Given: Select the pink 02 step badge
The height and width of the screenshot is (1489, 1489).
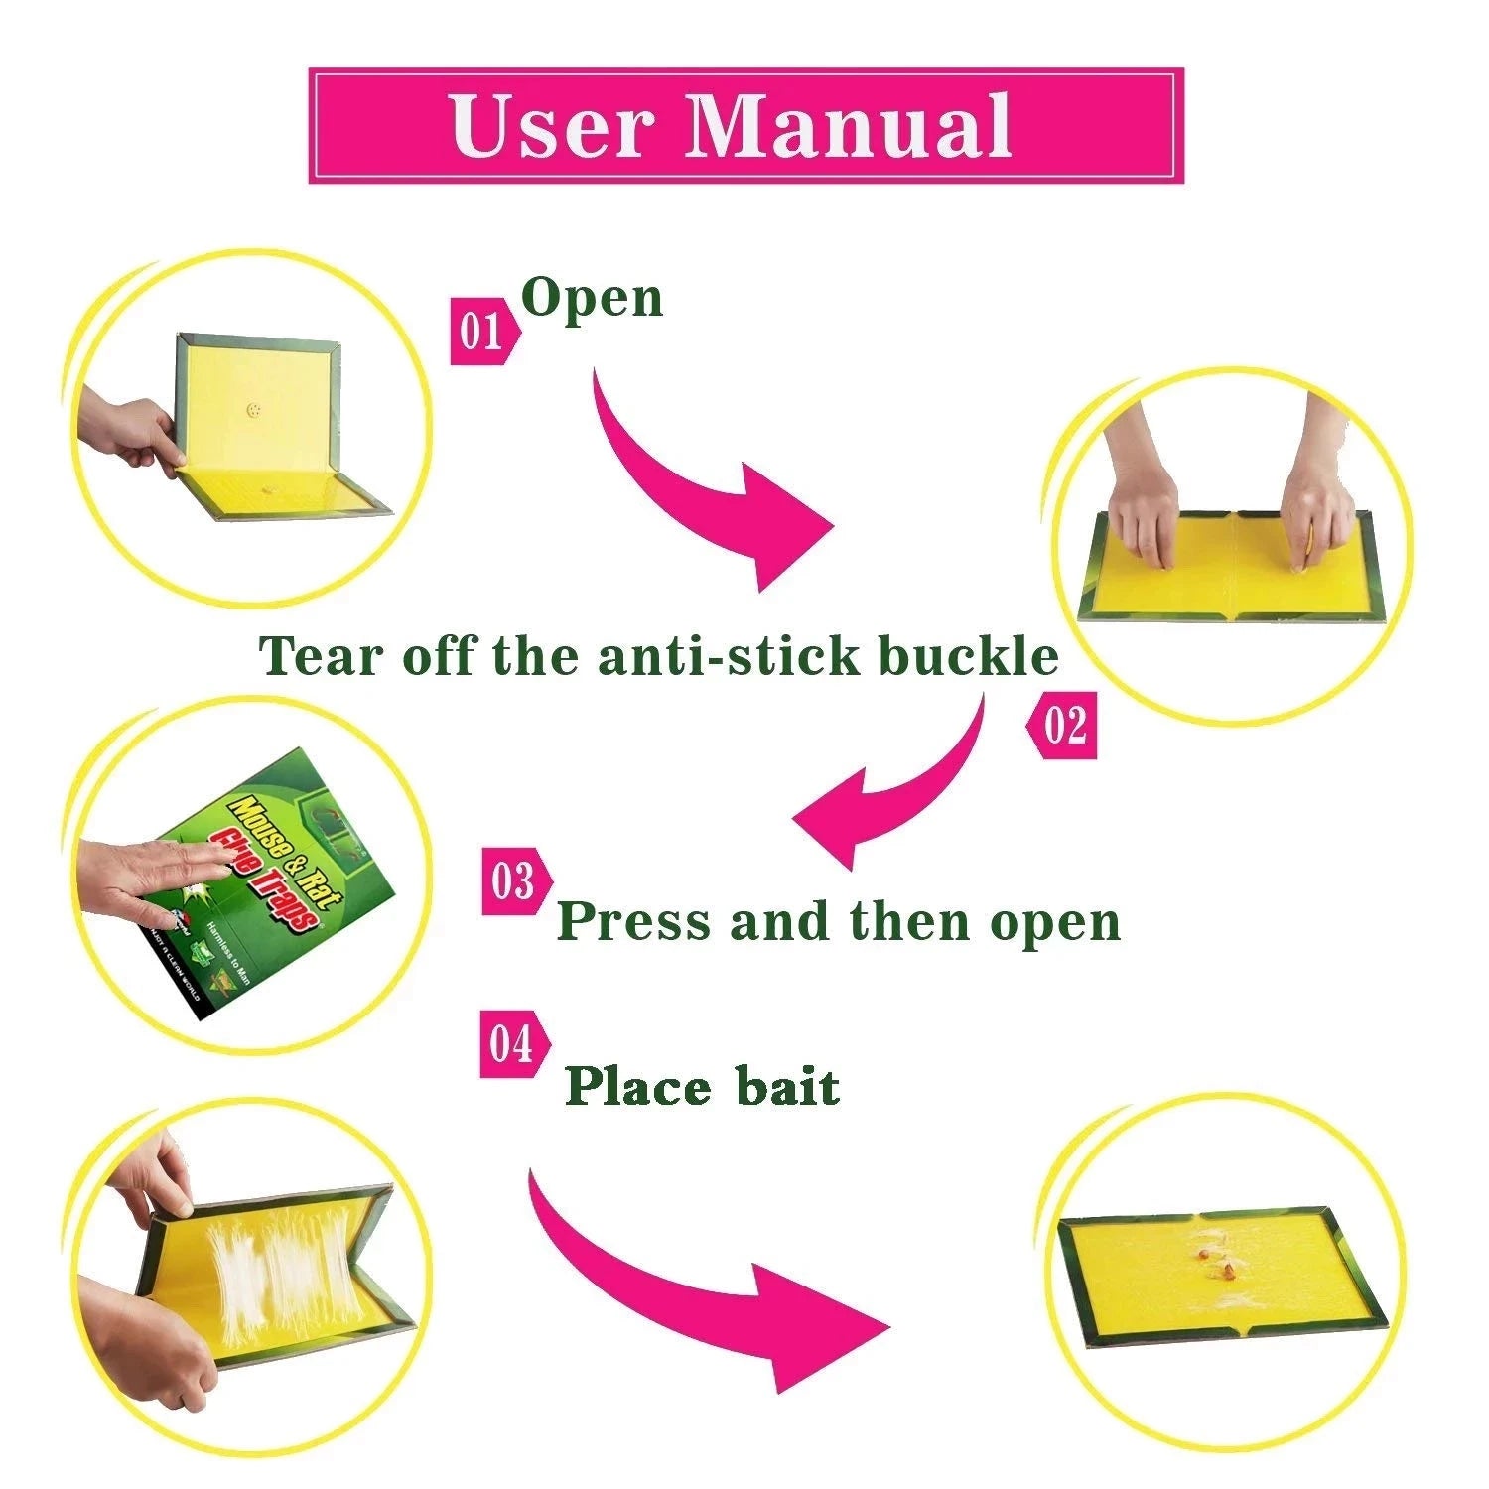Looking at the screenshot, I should (1063, 726).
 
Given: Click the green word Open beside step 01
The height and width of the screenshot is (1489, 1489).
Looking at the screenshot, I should (593, 298).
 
